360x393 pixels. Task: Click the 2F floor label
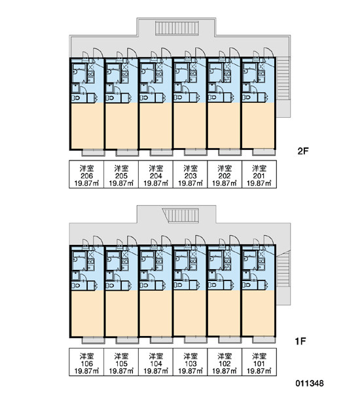(302, 151)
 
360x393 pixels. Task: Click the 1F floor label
(300, 341)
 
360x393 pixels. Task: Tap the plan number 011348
(310, 383)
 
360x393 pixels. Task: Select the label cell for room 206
(86, 174)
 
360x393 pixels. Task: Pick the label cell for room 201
(259, 174)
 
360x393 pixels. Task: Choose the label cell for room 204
(156, 174)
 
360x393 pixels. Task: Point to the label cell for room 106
(86, 362)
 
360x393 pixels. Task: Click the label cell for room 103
(190, 362)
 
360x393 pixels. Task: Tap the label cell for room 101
(259, 362)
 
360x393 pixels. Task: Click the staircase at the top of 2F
(177, 28)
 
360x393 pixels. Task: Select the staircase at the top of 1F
(181, 215)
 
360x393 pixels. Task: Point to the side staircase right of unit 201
(283, 79)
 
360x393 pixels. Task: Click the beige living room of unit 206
(88, 126)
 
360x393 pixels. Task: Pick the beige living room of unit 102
(224, 313)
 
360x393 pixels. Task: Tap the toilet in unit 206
(76, 98)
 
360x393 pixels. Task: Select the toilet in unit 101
(247, 285)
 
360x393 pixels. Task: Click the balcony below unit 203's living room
(196, 152)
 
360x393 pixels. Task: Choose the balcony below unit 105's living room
(127, 340)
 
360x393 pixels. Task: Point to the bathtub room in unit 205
(113, 73)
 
